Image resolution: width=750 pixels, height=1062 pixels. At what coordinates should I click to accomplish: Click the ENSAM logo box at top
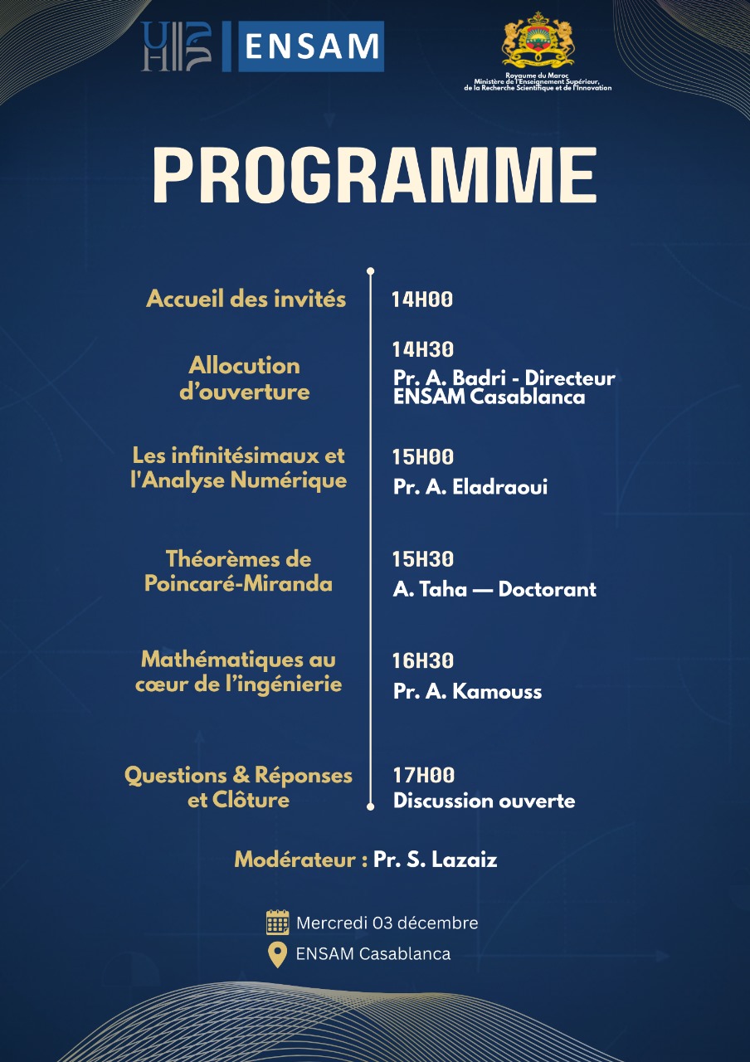(x=310, y=46)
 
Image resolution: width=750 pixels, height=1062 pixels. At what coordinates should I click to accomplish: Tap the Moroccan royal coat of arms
(x=538, y=41)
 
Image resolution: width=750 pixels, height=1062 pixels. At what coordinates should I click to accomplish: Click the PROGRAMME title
(x=374, y=177)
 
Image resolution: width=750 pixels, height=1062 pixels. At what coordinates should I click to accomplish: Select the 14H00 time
(x=422, y=300)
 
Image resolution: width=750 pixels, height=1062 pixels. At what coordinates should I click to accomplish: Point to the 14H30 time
(x=423, y=350)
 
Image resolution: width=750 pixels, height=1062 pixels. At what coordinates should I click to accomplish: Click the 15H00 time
(x=423, y=457)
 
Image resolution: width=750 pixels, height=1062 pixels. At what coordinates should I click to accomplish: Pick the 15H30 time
(x=423, y=560)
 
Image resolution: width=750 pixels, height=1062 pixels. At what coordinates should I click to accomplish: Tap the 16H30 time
(x=423, y=661)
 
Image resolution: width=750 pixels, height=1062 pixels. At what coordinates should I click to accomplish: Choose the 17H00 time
(x=423, y=776)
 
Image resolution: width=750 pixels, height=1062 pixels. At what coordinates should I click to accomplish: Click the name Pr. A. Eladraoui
(x=470, y=487)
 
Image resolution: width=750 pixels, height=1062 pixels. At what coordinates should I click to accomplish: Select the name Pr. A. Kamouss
(x=467, y=691)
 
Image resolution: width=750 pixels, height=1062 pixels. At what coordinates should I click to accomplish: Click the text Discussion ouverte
(x=484, y=801)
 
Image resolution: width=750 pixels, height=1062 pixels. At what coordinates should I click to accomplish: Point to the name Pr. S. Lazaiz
(x=435, y=860)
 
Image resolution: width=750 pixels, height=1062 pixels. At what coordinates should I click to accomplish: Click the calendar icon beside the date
(x=277, y=923)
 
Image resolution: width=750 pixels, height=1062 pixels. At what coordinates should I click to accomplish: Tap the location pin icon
(x=277, y=954)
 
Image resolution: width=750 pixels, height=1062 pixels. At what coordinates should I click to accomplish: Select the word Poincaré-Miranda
(x=238, y=584)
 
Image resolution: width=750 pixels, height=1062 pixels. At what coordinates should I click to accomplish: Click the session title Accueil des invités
(x=246, y=300)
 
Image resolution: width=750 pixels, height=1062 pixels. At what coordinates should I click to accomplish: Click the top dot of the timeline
(x=370, y=270)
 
